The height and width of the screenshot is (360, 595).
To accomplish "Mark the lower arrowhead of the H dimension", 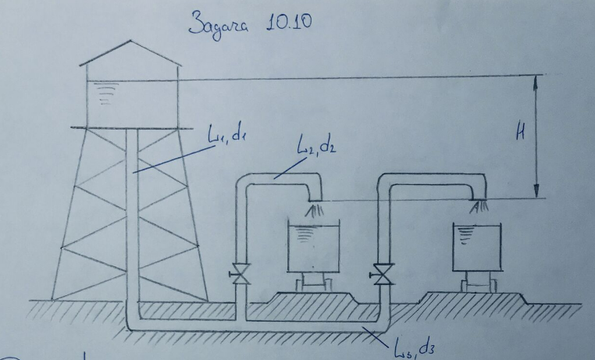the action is tap(536, 193).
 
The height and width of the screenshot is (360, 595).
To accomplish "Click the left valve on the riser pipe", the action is tap(239, 274).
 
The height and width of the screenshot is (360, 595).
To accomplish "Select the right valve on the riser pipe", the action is tap(383, 274).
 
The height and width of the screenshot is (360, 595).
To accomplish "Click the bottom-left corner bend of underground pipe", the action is tap(130, 323).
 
